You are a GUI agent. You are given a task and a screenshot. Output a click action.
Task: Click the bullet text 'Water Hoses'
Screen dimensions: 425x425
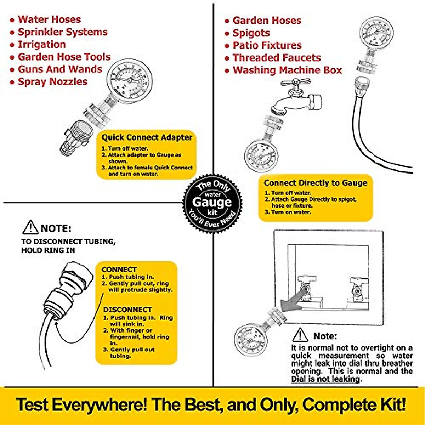click(49, 19)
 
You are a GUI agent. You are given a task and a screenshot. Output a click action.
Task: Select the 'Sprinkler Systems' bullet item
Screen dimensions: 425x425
click(63, 32)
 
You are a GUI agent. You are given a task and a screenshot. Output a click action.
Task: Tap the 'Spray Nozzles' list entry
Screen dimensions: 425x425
click(52, 82)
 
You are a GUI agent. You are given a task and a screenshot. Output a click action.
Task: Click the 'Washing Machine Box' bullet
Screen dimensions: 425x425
click(287, 70)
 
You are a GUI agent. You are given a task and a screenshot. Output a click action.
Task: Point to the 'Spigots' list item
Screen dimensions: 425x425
click(251, 33)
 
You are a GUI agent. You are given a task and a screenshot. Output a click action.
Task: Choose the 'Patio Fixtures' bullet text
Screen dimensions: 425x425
click(267, 45)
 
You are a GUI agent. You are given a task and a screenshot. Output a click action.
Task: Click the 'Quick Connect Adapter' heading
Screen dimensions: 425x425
click(147, 137)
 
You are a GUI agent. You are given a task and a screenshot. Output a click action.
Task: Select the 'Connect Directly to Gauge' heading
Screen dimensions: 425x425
click(315, 183)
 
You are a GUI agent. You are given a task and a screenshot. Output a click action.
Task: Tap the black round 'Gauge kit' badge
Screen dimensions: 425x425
click(212, 203)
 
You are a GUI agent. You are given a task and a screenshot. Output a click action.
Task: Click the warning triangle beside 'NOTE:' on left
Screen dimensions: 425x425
click(30, 228)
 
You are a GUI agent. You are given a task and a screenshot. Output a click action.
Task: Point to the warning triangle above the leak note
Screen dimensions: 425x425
click(300, 335)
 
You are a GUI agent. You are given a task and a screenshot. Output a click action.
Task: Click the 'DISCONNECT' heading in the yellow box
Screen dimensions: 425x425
click(127, 310)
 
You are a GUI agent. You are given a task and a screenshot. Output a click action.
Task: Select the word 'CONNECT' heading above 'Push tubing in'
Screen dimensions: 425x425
click(119, 270)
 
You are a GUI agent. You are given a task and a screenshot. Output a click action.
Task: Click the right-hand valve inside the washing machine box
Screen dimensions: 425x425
click(358, 288)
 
